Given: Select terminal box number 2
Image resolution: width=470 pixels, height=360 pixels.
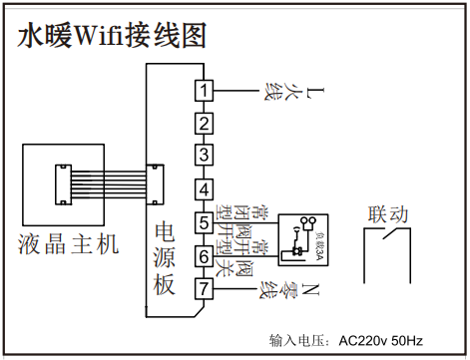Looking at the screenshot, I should coord(204,125).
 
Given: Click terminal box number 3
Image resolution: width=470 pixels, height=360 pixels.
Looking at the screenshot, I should coord(204,156).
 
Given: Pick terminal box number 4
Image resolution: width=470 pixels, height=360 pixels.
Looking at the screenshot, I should coord(204,189).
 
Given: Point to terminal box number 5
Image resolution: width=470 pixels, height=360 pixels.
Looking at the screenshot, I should coord(204,221).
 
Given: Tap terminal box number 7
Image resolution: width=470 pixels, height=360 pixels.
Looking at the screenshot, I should coord(204,289).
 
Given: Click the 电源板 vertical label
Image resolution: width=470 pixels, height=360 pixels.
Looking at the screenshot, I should coord(165,259).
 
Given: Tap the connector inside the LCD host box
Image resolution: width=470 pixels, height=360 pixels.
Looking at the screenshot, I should coord(61,182).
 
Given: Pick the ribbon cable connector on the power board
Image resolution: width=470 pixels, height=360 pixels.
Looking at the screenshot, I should coord(155,182).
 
